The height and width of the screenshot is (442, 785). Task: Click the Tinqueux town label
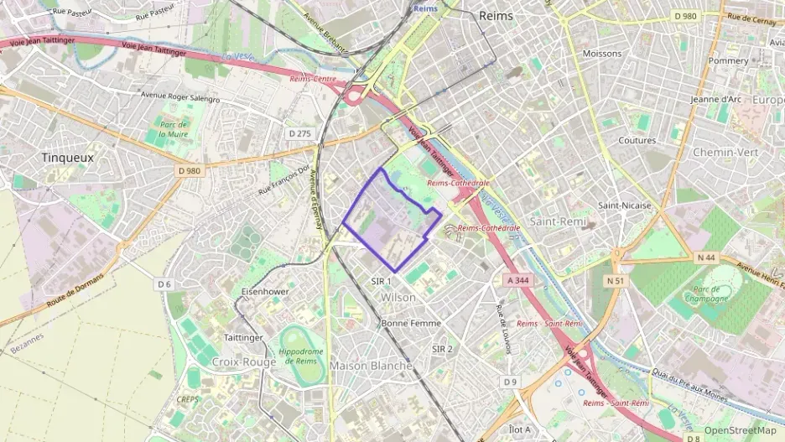pos(68,157)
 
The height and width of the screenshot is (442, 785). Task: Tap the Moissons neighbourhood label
pos(602,54)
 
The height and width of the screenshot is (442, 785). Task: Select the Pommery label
pos(728,61)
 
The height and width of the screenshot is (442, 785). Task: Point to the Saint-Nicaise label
pos(624,205)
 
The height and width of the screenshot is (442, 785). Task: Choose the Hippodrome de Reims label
pos(299,355)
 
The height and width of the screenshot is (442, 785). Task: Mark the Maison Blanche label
pos(371,366)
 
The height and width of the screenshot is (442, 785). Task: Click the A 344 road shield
pos(519,280)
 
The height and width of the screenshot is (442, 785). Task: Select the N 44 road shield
pos(705,257)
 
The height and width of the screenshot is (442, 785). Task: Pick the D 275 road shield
pos(299,133)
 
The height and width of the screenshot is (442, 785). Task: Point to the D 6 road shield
pos(164,284)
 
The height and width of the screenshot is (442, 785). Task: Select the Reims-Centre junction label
pos(312,77)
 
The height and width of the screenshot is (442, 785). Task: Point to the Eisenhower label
pos(264,291)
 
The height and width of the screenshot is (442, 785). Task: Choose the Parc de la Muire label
pos(174,128)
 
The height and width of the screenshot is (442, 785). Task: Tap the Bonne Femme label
pos(410,323)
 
